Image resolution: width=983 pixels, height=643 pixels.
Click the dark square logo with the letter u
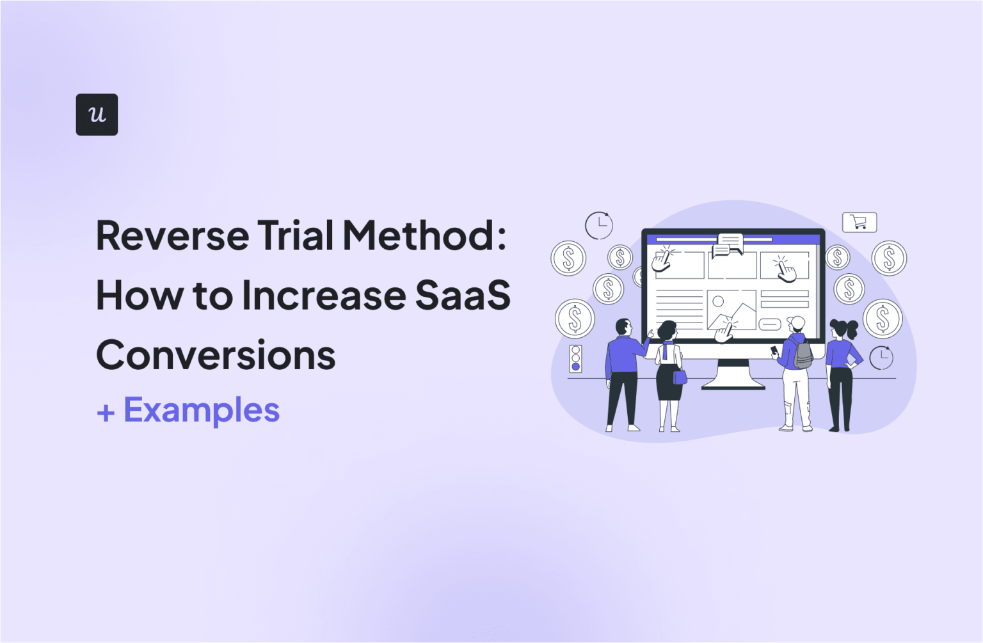[x=97, y=115]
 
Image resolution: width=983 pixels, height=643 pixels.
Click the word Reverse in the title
[x=172, y=235]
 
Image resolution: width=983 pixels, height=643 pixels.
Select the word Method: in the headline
[x=424, y=235]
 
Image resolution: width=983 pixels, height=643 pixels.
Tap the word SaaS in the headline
[x=462, y=295]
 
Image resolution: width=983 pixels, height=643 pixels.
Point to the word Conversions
[x=216, y=355]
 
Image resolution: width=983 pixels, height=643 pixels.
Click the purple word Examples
[x=201, y=410]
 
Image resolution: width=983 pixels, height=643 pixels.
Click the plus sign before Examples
[x=106, y=413]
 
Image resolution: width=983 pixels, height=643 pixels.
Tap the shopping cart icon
[x=859, y=223]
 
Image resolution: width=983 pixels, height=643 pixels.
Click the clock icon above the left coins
[x=599, y=225]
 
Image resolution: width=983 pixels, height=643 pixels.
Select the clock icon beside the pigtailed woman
[x=881, y=357]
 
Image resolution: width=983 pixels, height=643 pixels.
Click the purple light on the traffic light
[x=575, y=367]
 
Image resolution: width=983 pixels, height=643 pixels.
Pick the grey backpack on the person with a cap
[x=803, y=354]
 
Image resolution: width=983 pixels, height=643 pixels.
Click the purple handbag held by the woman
[x=680, y=377]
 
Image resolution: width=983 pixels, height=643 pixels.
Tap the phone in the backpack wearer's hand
[x=774, y=350]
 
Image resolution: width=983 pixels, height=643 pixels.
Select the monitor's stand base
[x=733, y=384]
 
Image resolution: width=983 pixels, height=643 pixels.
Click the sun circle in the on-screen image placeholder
[x=718, y=301]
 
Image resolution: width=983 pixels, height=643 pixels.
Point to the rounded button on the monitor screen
[x=770, y=324]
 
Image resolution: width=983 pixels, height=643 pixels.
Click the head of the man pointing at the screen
[x=623, y=327]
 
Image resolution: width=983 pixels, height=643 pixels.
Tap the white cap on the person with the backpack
[x=796, y=322]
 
